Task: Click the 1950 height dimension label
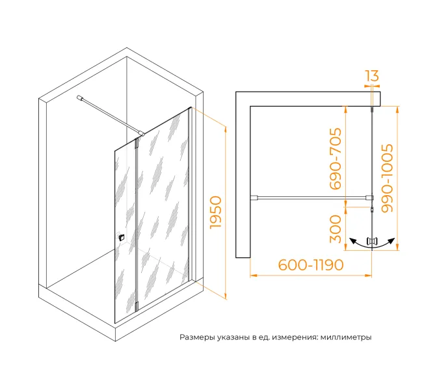point(216,212)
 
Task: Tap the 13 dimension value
point(372,75)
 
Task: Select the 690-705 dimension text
point(336,159)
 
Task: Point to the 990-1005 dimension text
point(387,178)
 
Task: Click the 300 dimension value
point(336,229)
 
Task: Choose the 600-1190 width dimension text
point(311,265)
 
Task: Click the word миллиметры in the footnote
point(346,337)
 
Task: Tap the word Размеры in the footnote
point(197,337)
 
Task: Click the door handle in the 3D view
point(121,237)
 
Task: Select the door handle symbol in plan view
point(372,241)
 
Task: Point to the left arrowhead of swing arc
point(353,240)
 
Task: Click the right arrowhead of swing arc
point(392,240)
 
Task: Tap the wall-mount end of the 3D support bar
point(79,98)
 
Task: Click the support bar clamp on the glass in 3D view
point(142,134)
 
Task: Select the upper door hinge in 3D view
point(137,143)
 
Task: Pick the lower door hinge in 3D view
point(137,306)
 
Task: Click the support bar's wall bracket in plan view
point(254,198)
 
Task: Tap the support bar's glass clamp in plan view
point(369,198)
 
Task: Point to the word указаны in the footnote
point(233,337)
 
